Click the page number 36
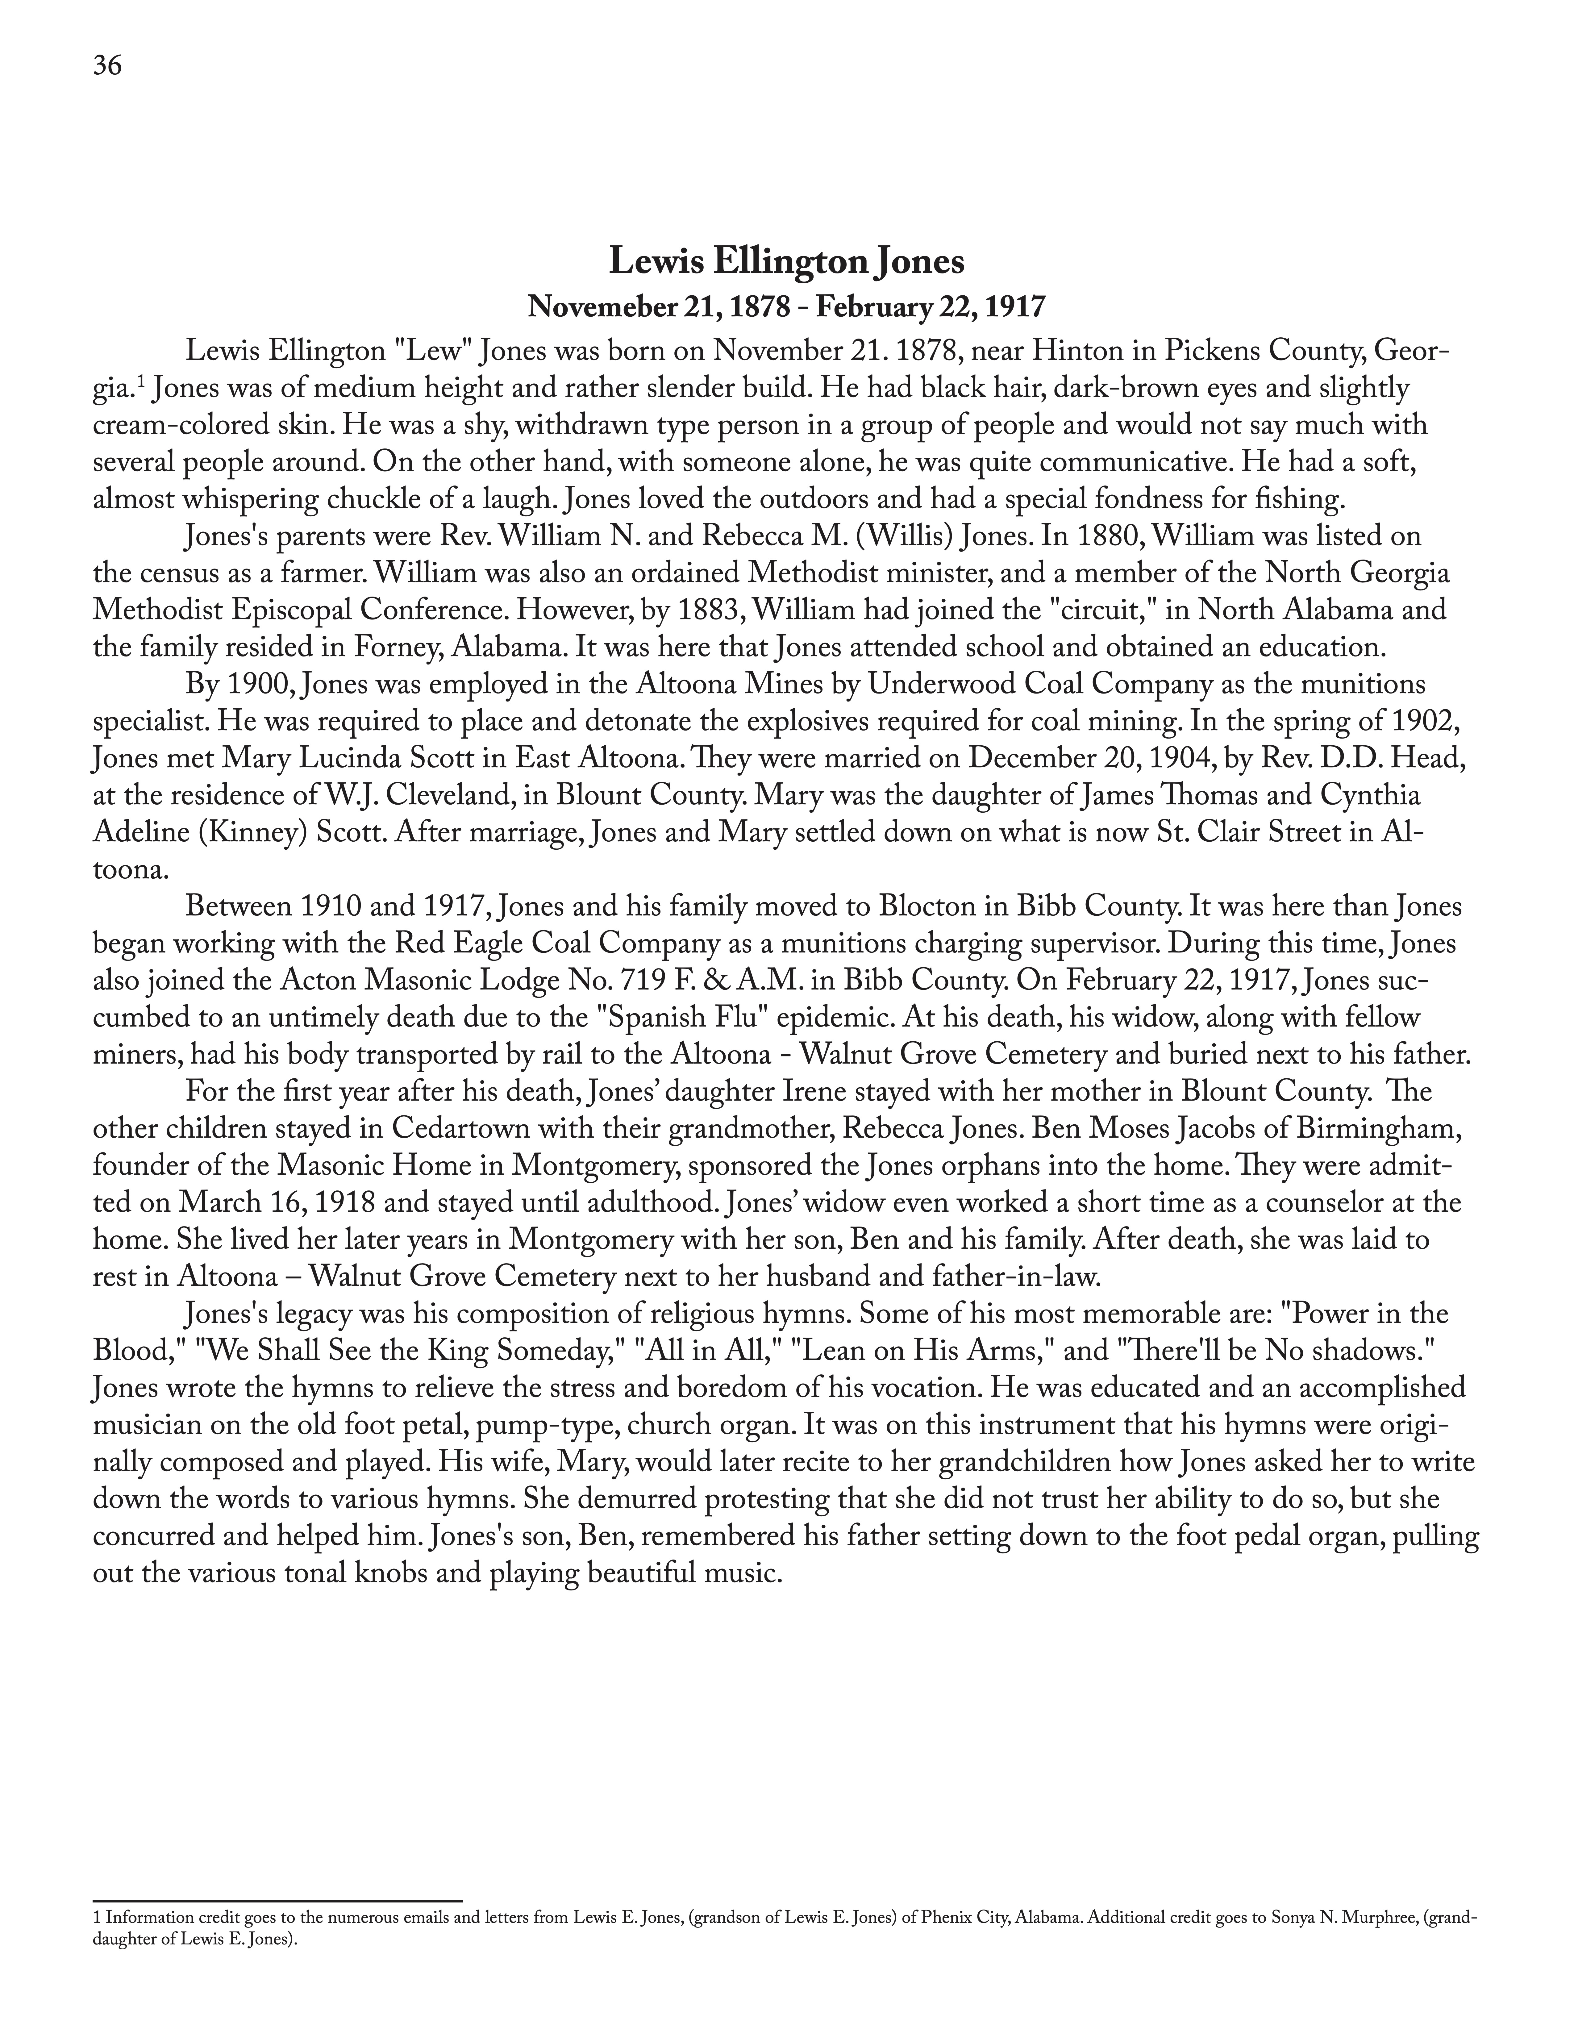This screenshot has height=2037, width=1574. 107,66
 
